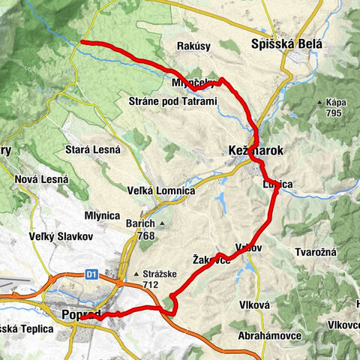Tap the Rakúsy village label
coord(193,46)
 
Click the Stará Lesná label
coord(93,149)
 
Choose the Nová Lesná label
coord(41,179)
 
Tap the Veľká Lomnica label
coord(160,191)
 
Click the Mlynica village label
coord(103,214)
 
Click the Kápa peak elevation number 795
coord(333,113)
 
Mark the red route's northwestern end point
coord(81,42)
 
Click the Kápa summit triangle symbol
coord(320,102)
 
